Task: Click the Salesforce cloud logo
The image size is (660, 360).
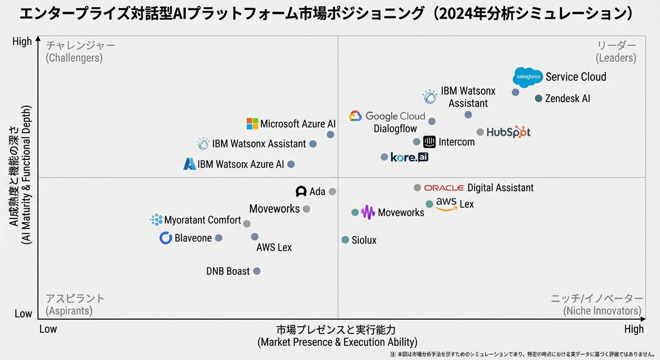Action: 528,77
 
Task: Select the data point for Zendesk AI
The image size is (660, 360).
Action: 538,98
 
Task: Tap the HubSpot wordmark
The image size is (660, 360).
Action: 508,132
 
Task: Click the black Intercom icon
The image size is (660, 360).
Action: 430,142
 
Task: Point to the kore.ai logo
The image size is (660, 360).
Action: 409,157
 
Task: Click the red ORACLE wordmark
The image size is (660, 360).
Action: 444,188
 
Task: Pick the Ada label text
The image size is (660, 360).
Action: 317,192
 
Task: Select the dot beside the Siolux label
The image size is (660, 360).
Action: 345,240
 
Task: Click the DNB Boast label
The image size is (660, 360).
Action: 228,271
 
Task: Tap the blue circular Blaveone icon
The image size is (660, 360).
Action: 166,238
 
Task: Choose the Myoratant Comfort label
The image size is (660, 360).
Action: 203,220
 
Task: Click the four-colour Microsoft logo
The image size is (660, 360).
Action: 252,124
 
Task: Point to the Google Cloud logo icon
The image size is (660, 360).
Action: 355,116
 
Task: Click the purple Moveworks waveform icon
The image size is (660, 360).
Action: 368,212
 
